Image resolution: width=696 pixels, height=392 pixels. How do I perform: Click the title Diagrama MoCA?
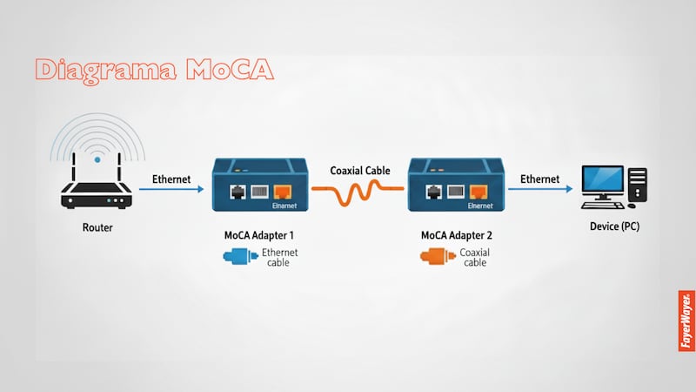[153, 70]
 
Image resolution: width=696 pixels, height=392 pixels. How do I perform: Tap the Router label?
[97, 228]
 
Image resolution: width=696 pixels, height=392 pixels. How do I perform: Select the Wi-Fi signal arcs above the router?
[97, 139]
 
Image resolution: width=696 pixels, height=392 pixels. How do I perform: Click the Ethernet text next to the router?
[172, 179]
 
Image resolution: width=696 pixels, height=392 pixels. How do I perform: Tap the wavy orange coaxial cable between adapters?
[359, 191]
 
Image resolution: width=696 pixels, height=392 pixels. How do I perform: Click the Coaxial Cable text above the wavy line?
[360, 171]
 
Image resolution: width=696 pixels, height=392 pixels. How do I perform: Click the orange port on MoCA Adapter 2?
[478, 192]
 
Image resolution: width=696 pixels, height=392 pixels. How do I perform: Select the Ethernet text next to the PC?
[540, 179]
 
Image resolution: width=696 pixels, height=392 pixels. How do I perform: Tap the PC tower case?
[639, 186]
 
